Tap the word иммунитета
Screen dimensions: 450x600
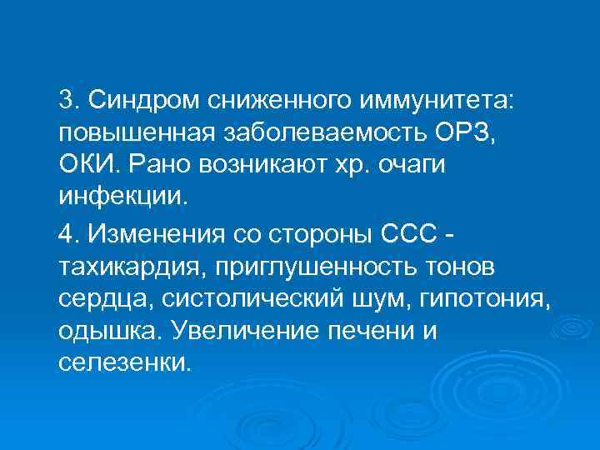coord(437,102)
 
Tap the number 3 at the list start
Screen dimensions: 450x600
coord(67,102)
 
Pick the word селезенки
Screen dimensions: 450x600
coord(125,363)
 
